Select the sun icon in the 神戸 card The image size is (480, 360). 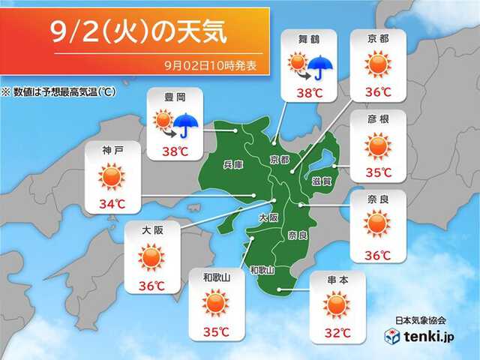[111, 177]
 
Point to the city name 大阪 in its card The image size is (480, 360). [151, 231]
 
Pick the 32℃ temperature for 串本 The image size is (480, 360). [335, 332]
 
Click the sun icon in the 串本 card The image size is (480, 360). [335, 304]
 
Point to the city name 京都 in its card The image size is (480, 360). [378, 37]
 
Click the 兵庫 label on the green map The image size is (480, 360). [233, 165]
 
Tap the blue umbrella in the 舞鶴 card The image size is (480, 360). [322, 67]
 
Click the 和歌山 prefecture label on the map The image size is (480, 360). [262, 270]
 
